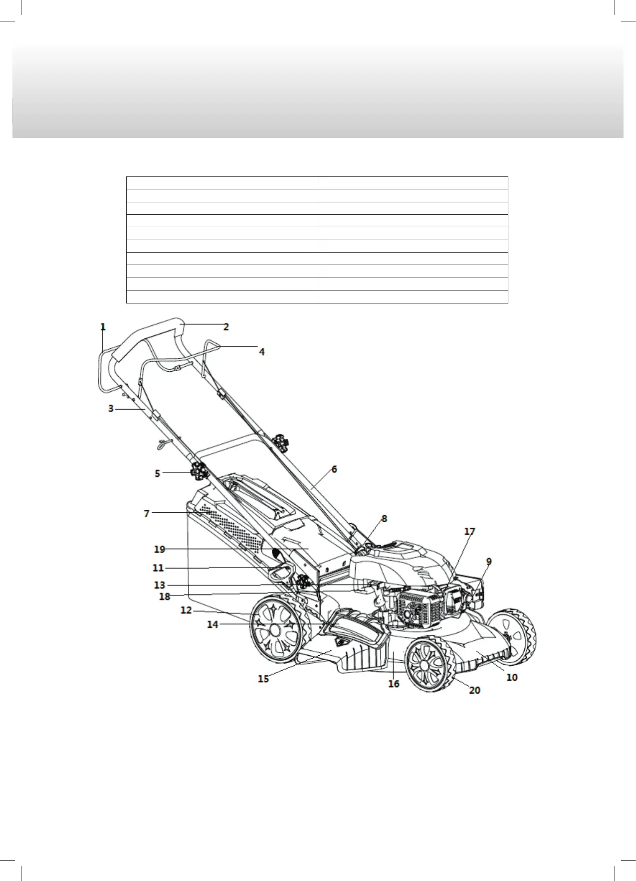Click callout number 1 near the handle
(103, 327)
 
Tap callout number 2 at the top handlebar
(226, 327)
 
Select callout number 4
(261, 352)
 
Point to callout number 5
(158, 473)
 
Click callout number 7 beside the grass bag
(147, 513)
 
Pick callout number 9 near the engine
(489, 562)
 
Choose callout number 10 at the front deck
(512, 677)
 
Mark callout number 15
(263, 678)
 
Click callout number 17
(469, 532)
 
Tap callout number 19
(160, 549)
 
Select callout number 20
(475, 690)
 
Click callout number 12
(186, 610)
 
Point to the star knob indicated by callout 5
(198, 471)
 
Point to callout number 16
(394, 684)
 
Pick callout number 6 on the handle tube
(334, 469)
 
